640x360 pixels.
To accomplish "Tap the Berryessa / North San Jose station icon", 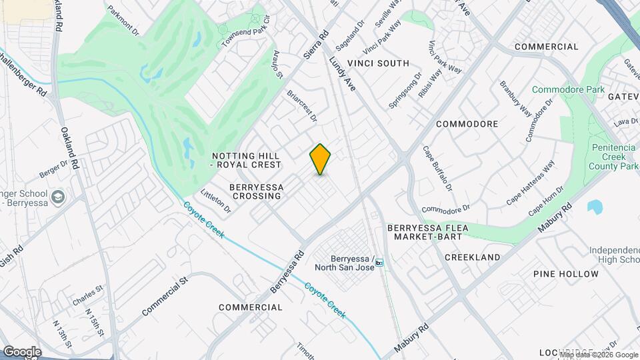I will coord(379,263).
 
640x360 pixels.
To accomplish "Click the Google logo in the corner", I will coord(22,351).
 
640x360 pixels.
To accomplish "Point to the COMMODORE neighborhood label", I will coord(467,124).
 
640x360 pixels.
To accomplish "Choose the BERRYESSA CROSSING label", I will coord(255,191).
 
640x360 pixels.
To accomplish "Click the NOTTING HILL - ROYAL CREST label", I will coord(246,159).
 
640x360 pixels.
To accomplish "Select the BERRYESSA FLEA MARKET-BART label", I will coord(427,232).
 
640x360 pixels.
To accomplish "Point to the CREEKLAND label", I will coord(472,257).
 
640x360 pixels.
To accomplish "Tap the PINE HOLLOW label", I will coord(566,274).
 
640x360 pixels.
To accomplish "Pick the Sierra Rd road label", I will coord(316,45).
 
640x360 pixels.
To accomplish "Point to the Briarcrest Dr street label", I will coord(302,106).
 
